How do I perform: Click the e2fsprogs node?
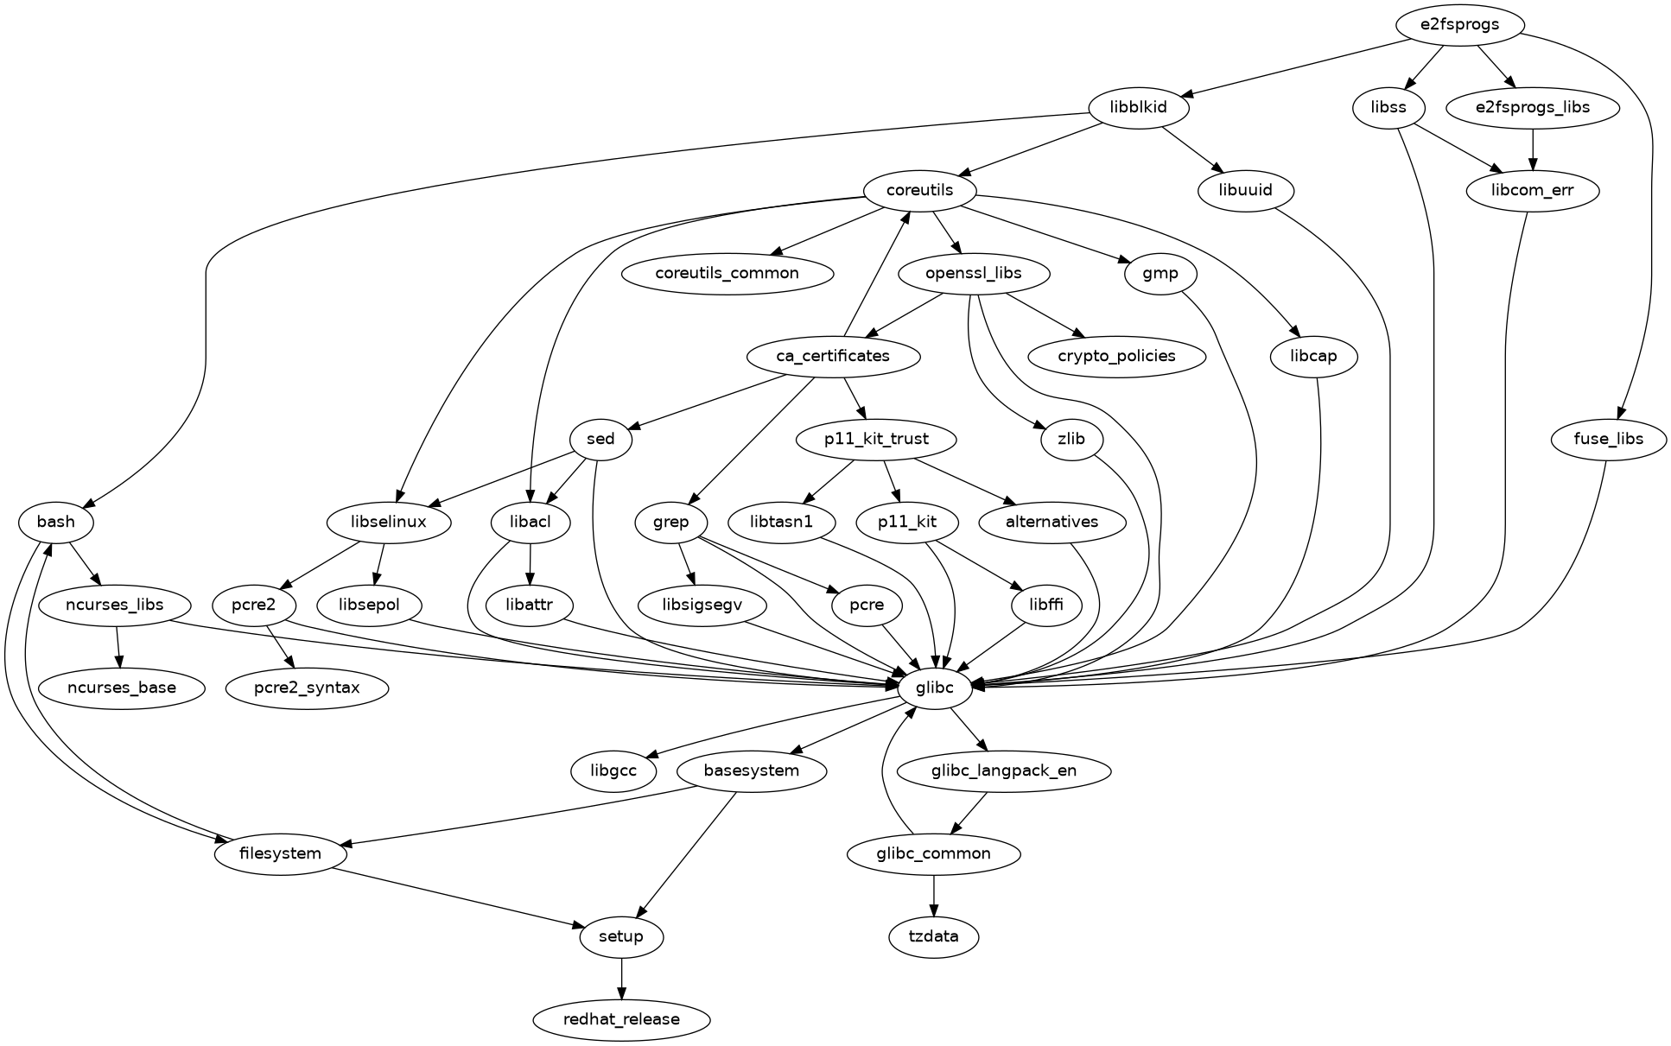(x=1459, y=25)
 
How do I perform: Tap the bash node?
(x=56, y=522)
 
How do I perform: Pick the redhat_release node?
(x=621, y=1019)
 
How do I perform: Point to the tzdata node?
(x=933, y=936)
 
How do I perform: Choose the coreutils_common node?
(x=727, y=273)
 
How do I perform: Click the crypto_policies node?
(x=1116, y=356)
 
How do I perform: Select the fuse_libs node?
(x=1608, y=439)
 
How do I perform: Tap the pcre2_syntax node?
(x=307, y=688)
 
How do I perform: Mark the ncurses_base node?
(x=121, y=688)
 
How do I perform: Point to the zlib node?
(x=1071, y=439)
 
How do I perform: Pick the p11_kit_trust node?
(x=876, y=439)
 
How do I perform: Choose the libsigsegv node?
(x=702, y=605)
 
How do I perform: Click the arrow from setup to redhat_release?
(x=621, y=978)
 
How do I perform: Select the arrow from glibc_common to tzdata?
(x=933, y=895)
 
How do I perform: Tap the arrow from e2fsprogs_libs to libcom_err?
(x=1533, y=149)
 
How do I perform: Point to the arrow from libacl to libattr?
(x=530, y=563)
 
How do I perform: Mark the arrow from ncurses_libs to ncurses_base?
(x=118, y=646)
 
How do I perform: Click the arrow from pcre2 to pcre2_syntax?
(x=280, y=646)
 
